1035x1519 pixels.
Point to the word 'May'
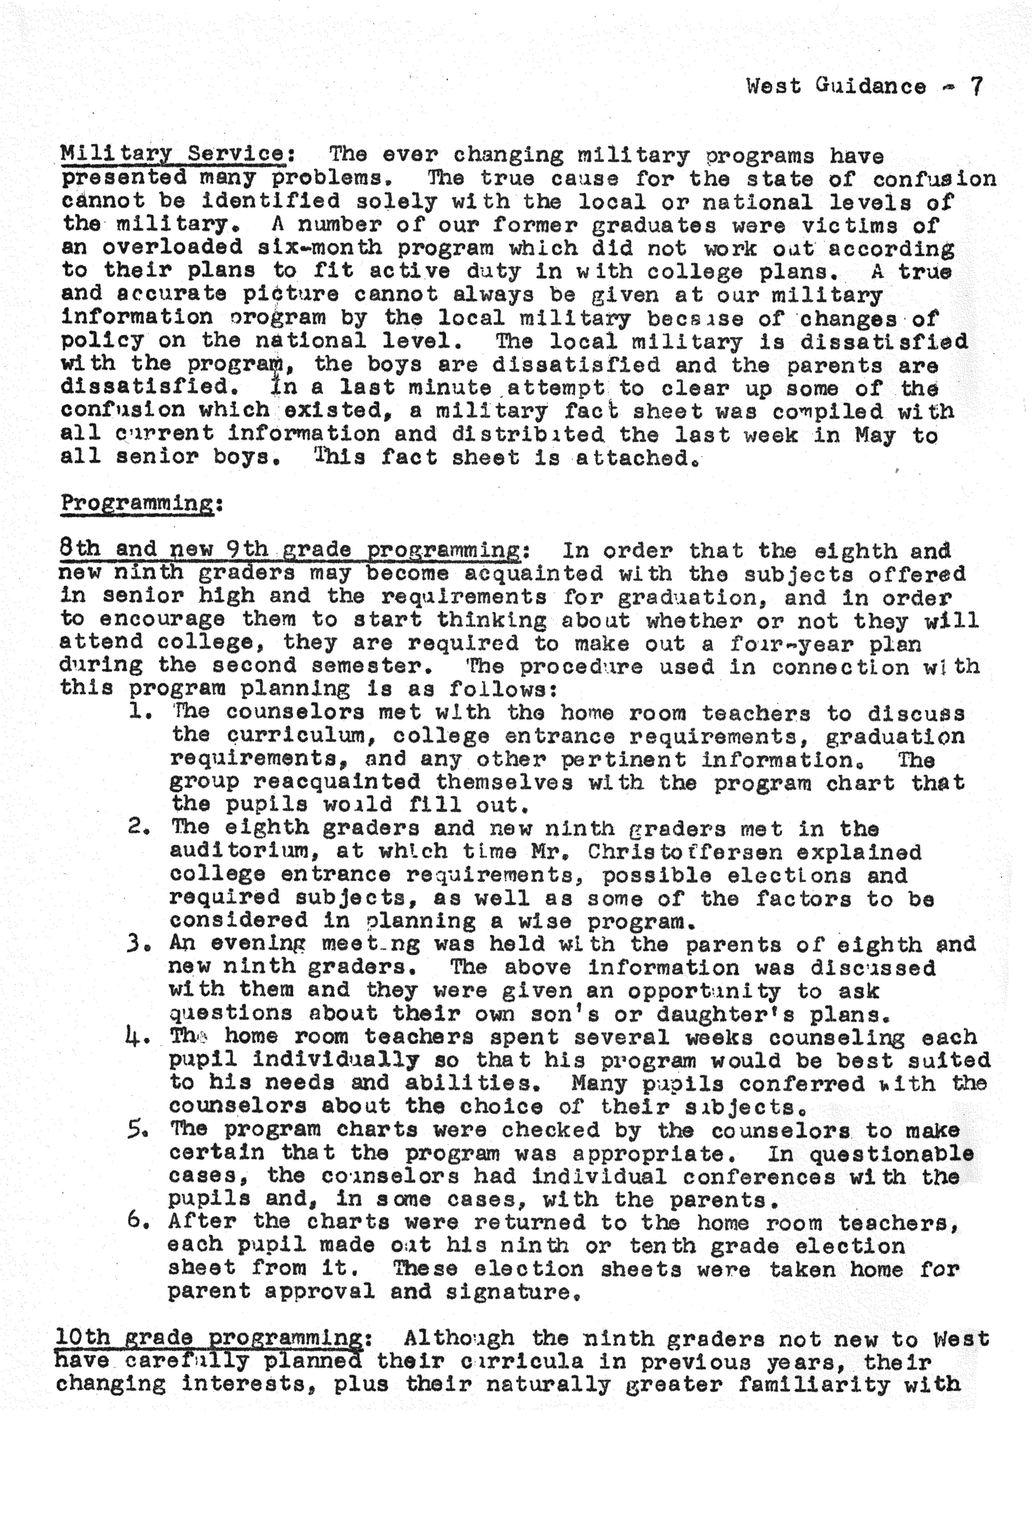875,435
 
